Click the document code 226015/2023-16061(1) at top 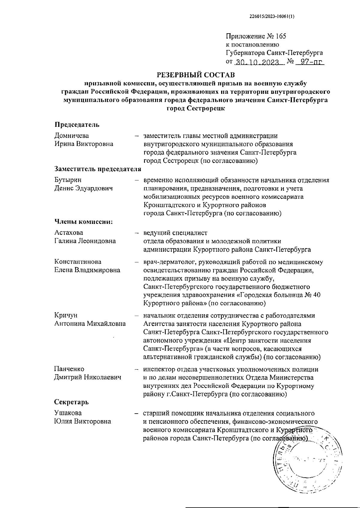click(272, 17)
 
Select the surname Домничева click(71, 136)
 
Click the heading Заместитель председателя click(97, 169)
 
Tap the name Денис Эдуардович click(83, 189)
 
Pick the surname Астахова click(69, 233)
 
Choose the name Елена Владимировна click(87, 270)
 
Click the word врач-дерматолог click(168, 262)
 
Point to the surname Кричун click(66, 315)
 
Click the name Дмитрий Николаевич click(88, 377)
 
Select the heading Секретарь click(71, 402)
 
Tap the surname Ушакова click(68, 413)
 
